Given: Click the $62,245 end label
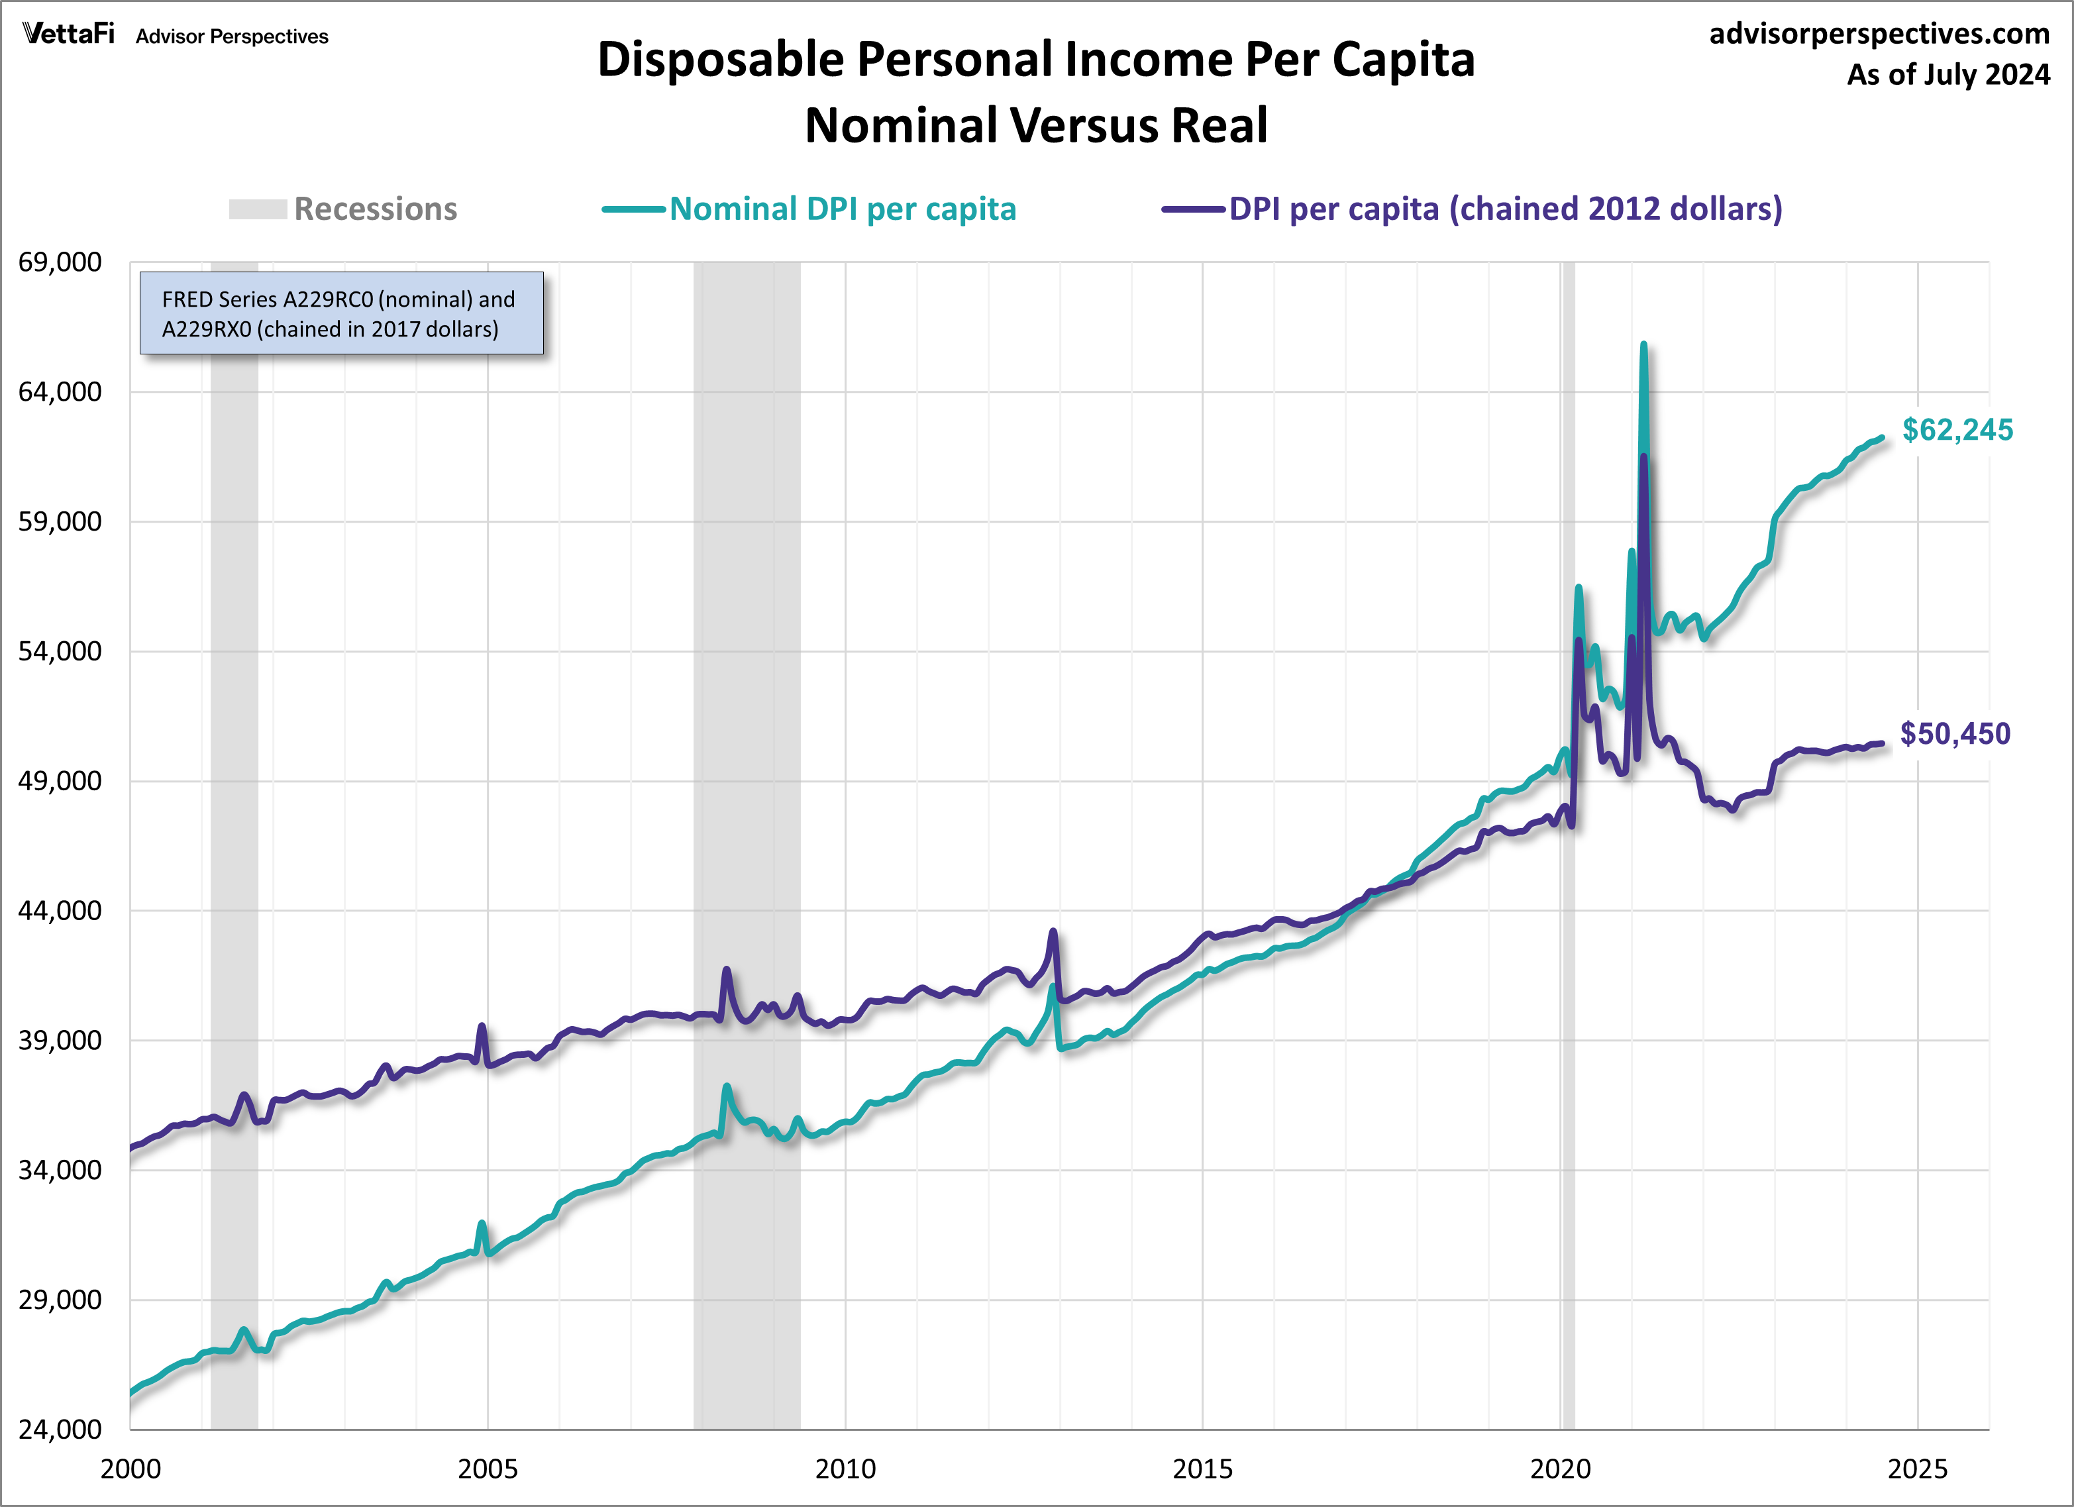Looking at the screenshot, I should click(1957, 430).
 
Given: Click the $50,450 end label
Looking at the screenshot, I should click(1955, 733).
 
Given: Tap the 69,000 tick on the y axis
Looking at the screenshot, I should click(60, 262).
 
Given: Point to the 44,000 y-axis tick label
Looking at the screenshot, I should click(60, 911).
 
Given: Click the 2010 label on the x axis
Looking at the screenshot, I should click(845, 1469).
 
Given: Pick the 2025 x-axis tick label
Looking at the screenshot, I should click(1917, 1469).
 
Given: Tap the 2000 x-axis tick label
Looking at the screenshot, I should click(130, 1469).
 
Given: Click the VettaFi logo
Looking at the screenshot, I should click(69, 34).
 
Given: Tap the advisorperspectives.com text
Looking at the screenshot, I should click(1879, 34).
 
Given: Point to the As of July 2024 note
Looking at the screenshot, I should click(1947, 74).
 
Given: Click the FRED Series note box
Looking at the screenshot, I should click(341, 313).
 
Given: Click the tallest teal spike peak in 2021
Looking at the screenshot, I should click(1643, 346).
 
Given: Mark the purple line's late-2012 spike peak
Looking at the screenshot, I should click(1053, 932).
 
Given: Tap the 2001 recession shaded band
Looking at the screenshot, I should click(234, 823).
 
